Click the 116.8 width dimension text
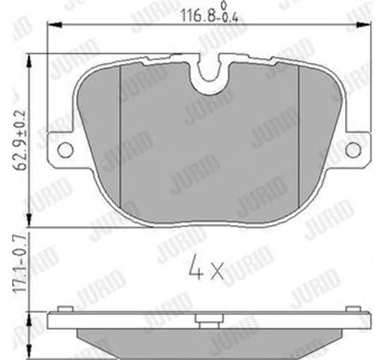(194, 13)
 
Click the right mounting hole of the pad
(352, 149)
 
